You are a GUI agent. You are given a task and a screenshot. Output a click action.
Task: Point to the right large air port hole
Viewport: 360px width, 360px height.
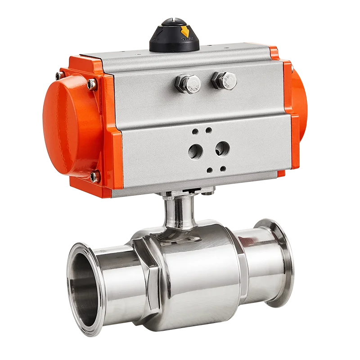coord(221,147)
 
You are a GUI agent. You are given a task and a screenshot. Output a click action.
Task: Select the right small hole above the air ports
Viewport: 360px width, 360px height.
coord(208,130)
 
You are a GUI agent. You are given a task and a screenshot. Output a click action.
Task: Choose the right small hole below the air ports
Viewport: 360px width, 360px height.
coord(222,169)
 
